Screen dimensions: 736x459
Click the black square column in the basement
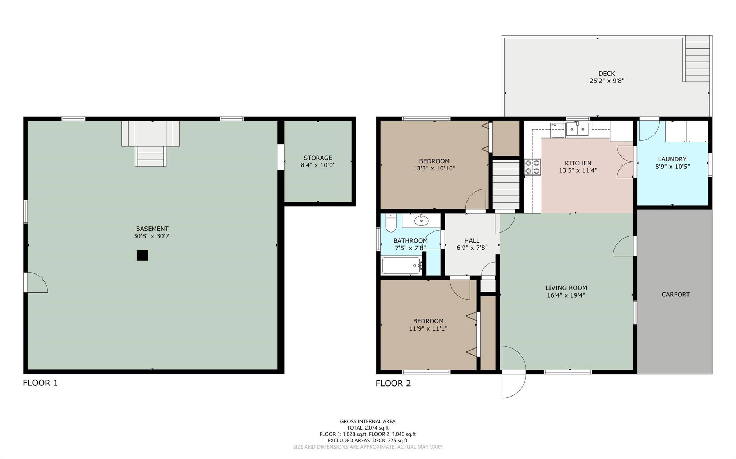[142, 255]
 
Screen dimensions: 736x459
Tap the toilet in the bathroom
[391, 223]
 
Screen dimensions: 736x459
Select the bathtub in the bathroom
[402, 266]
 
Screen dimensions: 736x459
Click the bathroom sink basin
[421, 220]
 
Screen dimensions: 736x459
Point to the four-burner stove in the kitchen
[532, 167]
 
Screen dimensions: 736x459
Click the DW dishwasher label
[553, 125]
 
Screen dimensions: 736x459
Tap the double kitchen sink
[577, 129]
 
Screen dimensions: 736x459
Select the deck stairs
[697, 59]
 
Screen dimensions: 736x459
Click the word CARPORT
[676, 294]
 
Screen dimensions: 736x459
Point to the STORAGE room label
[318, 158]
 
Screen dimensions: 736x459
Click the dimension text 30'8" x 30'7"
[152, 236]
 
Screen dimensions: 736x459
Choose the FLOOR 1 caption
[40, 383]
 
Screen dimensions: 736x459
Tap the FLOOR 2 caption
[393, 383]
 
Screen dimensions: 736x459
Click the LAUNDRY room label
[672, 159]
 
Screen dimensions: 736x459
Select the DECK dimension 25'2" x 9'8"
[607, 81]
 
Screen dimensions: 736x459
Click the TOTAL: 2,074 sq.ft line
[368, 428]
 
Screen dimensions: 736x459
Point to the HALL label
[471, 240]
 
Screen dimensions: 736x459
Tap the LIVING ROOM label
[566, 287]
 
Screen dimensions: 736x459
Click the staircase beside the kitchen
[506, 184]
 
